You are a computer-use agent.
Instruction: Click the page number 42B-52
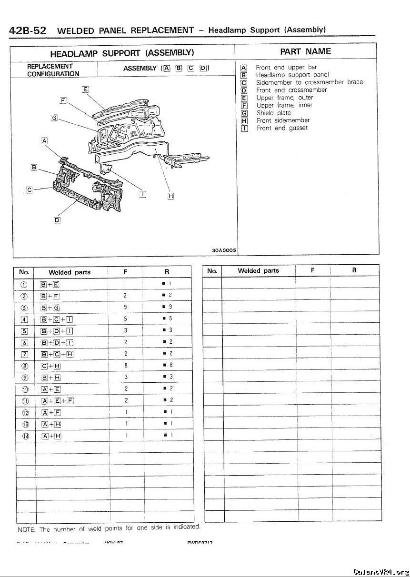[x=28, y=30]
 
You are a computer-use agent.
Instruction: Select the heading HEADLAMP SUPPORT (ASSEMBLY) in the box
[x=122, y=52]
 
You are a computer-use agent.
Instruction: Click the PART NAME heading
[x=305, y=51]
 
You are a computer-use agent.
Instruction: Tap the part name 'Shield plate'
[x=273, y=113]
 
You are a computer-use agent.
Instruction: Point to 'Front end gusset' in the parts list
[x=282, y=128]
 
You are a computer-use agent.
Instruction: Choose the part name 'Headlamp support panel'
[x=292, y=75]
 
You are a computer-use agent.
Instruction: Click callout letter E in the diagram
[x=85, y=89]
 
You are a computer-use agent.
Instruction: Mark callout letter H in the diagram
[x=170, y=196]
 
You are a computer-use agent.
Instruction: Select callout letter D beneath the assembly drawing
[x=57, y=220]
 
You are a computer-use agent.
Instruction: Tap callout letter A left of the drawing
[x=44, y=140]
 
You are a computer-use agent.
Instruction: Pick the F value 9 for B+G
[x=125, y=307]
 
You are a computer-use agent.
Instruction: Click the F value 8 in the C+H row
[x=125, y=365]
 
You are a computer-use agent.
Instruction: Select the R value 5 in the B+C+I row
[x=170, y=318]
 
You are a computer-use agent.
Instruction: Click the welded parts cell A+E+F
[x=57, y=400]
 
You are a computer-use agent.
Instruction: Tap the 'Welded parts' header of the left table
[x=70, y=273]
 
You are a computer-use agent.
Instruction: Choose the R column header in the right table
[x=354, y=270]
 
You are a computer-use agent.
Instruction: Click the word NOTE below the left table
[x=26, y=529]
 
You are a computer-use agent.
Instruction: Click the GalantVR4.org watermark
[x=381, y=572]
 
